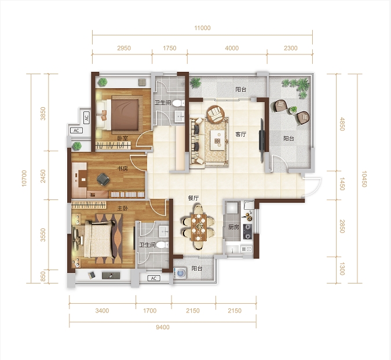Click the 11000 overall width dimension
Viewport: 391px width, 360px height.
[x=203, y=28]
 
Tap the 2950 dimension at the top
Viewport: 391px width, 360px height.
[x=124, y=48]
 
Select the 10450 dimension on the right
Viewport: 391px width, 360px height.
[x=364, y=179]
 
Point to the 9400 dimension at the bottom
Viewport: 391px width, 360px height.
[x=163, y=327]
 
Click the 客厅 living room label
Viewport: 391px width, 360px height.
[x=241, y=134]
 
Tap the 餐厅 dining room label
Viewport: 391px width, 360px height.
[x=193, y=198]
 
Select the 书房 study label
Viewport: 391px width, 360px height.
[x=122, y=168]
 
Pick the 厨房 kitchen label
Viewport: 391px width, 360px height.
[x=233, y=227]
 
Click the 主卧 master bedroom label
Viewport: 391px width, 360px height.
[x=122, y=208]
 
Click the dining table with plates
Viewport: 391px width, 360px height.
[x=199, y=227]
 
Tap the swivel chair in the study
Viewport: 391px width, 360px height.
[x=103, y=179]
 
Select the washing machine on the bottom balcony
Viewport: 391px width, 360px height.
[x=180, y=273]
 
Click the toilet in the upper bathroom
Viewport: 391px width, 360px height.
[x=178, y=103]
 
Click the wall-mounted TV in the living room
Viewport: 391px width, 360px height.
[x=262, y=140]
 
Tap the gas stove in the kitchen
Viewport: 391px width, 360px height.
[x=247, y=232]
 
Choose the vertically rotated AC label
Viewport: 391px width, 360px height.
[x=86, y=117]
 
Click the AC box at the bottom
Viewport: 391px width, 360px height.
[x=154, y=278]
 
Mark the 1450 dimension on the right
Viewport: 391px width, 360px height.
[x=342, y=184]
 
